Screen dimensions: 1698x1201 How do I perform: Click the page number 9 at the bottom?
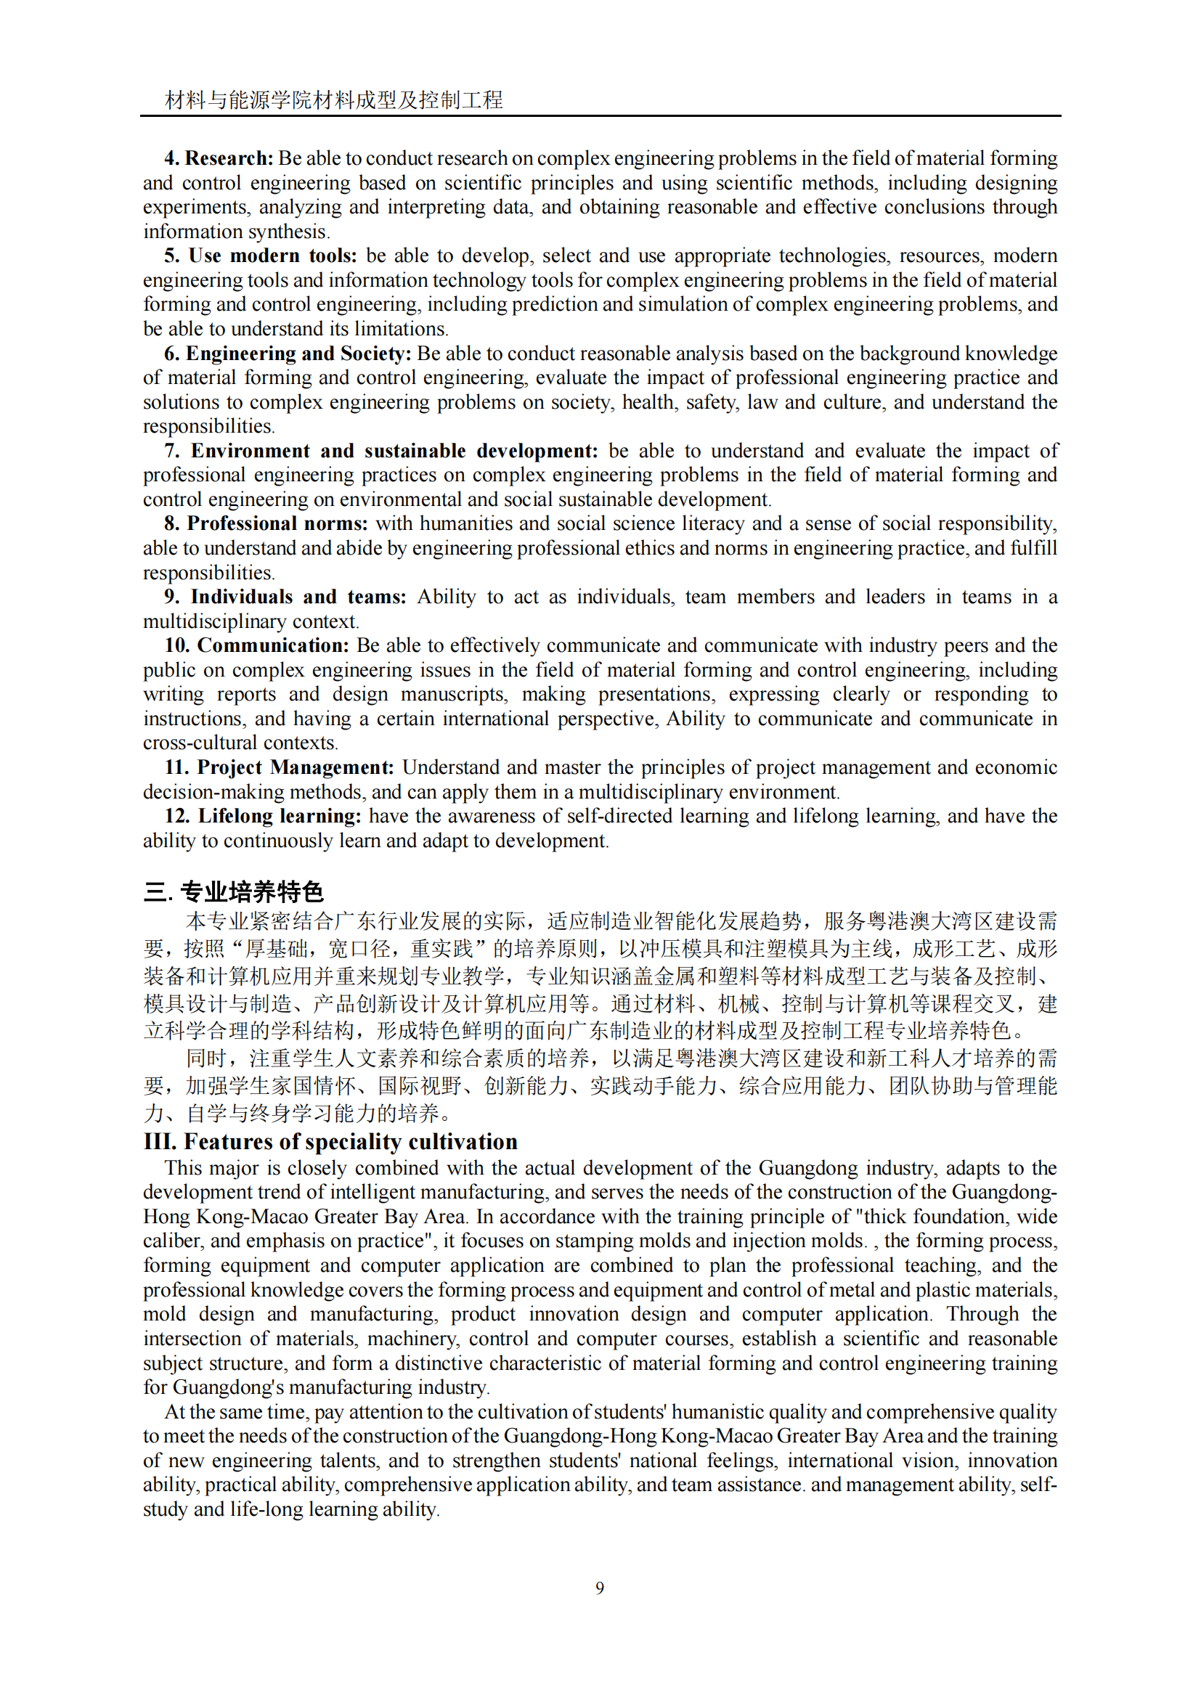[599, 1588]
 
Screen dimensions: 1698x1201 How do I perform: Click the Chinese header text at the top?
[333, 100]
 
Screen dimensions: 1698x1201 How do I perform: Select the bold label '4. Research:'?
[219, 158]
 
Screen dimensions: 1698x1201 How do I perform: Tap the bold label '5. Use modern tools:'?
[261, 256]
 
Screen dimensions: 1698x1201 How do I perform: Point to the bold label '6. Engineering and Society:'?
[288, 354]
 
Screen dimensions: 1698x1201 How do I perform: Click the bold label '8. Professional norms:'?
[266, 523]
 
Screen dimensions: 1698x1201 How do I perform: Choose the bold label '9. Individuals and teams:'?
[285, 597]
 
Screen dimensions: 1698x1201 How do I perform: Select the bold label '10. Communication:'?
[256, 645]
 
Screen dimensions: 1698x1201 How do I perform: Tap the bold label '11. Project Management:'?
[279, 767]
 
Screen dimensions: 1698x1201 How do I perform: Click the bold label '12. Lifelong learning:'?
[263, 817]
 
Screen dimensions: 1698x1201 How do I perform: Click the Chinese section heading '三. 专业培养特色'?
[234, 892]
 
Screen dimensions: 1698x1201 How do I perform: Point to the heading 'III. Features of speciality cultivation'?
[330, 1142]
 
